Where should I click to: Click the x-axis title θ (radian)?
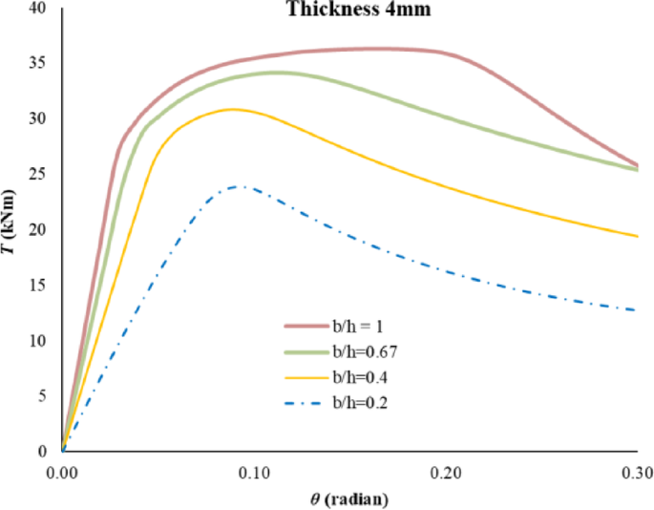click(349, 499)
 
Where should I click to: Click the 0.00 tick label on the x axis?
click(62, 473)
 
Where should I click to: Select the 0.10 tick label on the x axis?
click(254, 473)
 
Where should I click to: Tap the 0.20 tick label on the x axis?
click(446, 473)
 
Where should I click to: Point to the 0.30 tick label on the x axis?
click(636, 473)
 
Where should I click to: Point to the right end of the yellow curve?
click(637, 236)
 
